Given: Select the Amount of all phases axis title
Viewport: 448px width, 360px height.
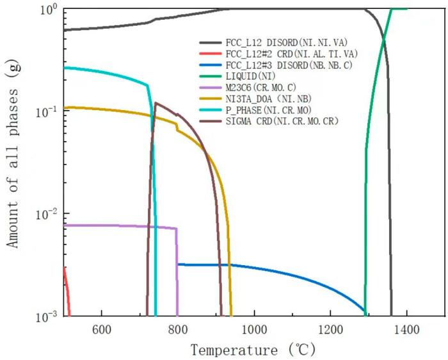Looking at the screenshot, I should pos(13,162).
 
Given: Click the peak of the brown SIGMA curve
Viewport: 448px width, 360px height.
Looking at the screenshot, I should pos(156,102).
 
